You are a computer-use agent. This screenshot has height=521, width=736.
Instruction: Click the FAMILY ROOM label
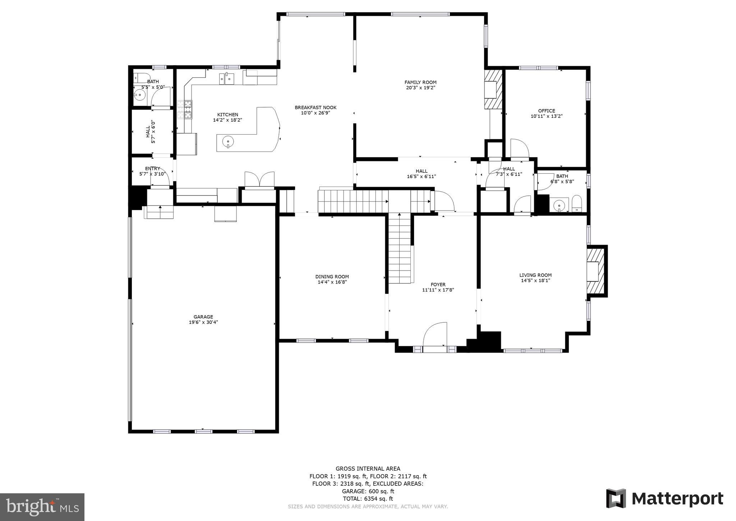[420, 82]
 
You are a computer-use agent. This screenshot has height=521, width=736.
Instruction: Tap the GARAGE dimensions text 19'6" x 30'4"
[203, 322]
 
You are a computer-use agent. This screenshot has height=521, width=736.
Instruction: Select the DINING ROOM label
[332, 277]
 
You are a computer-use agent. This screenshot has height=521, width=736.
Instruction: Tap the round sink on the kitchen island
[228, 142]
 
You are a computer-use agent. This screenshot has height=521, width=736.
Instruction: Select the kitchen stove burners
[184, 110]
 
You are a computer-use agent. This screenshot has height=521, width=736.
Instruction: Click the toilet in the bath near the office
[576, 204]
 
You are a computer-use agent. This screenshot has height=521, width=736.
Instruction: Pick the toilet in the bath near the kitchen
[142, 78]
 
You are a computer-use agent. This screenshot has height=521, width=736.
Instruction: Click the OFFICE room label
[546, 111]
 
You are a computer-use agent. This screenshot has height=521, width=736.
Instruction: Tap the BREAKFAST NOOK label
[316, 108]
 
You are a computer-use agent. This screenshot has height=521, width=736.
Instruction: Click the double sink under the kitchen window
[226, 78]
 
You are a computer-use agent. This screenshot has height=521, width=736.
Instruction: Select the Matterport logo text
[677, 499]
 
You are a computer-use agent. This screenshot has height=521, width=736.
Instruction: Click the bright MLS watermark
[42, 507]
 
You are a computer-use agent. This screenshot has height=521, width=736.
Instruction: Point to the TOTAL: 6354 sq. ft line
[368, 499]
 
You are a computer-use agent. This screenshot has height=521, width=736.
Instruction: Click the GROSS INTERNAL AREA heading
[368, 468]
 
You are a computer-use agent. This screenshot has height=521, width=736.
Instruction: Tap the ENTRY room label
[152, 168]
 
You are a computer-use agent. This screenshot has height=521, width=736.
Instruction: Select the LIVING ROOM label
[535, 275]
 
